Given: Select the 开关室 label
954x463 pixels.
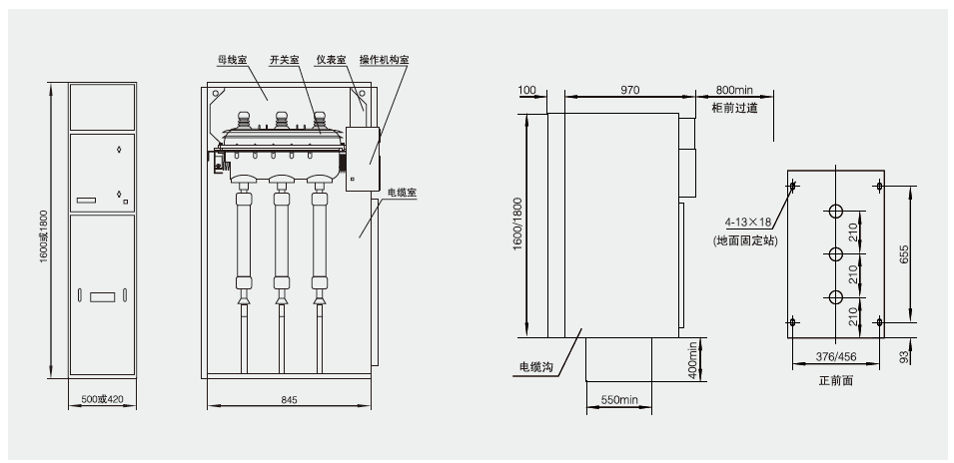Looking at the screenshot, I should [x=286, y=60].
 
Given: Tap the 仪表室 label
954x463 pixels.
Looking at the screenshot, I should [x=332, y=60].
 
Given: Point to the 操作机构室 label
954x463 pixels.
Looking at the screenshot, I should [x=385, y=60].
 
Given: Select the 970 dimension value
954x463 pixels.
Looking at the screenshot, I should [x=629, y=90].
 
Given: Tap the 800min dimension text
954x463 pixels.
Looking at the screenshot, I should [x=734, y=90].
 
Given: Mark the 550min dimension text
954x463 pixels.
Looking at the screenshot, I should [x=618, y=400].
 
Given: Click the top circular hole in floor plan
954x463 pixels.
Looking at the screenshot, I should [x=835, y=212].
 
